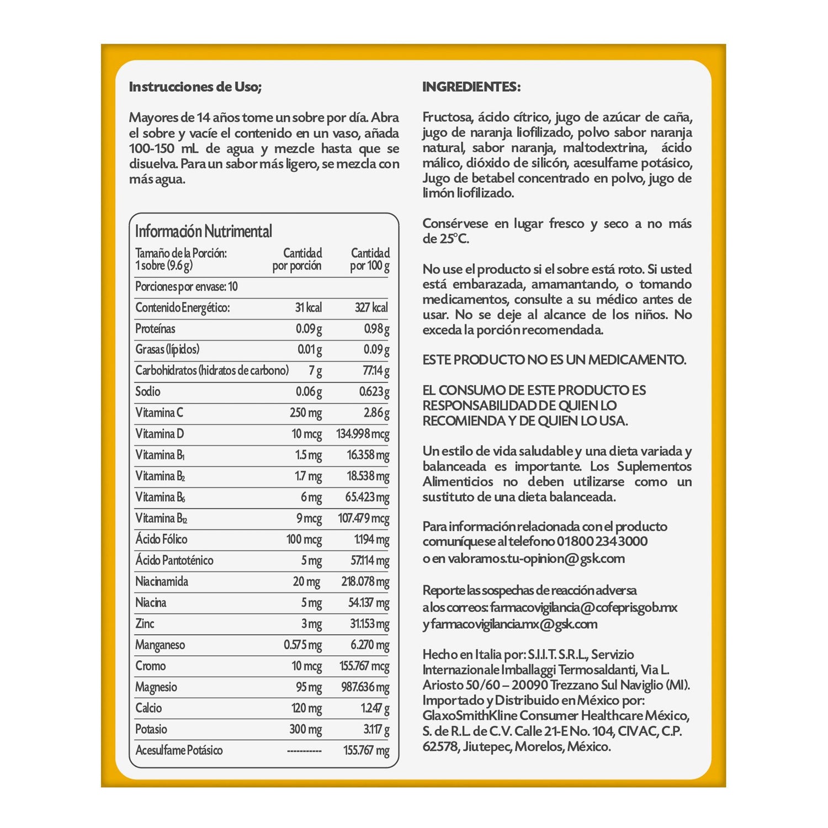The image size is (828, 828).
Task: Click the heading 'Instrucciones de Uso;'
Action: [x=195, y=87]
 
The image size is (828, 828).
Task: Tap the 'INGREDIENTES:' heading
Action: [x=471, y=87]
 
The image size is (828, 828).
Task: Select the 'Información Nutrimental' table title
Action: [x=203, y=231]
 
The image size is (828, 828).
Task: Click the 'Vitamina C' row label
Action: [x=159, y=413]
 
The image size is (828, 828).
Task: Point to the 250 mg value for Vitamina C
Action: [x=306, y=413]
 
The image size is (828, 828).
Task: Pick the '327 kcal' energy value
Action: [x=371, y=307]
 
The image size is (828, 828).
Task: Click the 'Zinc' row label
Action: [x=145, y=624]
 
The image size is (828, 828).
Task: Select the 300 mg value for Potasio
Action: [x=305, y=729]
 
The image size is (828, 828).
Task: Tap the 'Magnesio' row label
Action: [x=156, y=687]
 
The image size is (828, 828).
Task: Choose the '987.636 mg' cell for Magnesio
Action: [x=365, y=687]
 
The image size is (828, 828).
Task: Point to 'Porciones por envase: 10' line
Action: [x=187, y=286]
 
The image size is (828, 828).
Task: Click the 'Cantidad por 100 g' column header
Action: [x=370, y=259]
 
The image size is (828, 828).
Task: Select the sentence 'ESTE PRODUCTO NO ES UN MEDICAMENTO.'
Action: [x=554, y=360]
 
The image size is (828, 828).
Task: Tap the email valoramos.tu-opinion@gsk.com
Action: [x=536, y=559]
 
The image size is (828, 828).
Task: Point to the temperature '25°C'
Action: [x=454, y=239]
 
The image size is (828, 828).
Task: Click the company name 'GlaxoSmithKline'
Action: [x=470, y=716]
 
